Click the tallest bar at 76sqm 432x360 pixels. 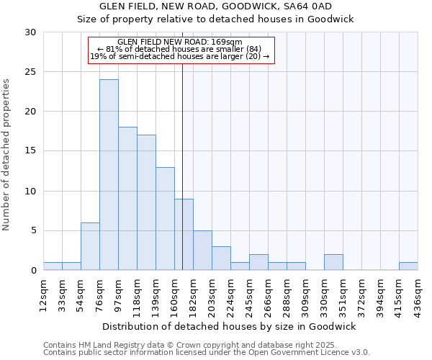[x=109, y=175]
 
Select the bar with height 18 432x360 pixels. [x=127, y=199]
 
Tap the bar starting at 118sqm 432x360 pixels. [x=146, y=202]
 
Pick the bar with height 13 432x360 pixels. [x=165, y=218]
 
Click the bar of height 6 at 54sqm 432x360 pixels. [x=90, y=246]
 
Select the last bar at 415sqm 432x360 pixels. [x=408, y=266]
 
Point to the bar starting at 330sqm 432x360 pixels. [x=333, y=262]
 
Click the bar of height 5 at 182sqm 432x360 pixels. [x=202, y=250]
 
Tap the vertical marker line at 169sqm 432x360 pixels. [x=182, y=144]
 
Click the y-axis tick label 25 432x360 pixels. [x=30, y=72]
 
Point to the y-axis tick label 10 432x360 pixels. [x=30, y=191]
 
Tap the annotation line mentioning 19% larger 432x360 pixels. [x=180, y=56]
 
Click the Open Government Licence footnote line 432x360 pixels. [x=207, y=353]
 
